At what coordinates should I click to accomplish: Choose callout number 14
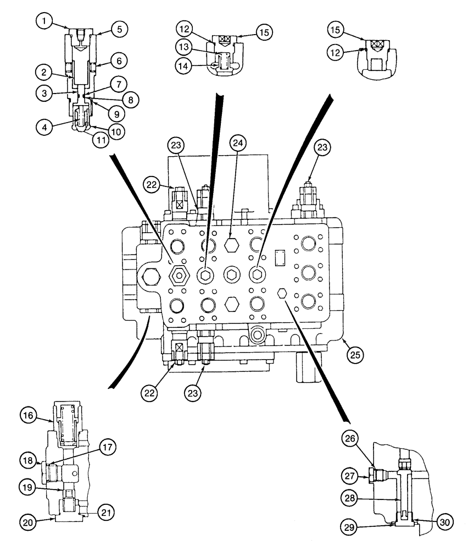pyautogui.click(x=184, y=65)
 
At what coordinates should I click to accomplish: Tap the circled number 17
pyautogui.click(x=108, y=448)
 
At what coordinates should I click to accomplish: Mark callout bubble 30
pyautogui.click(x=445, y=522)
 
